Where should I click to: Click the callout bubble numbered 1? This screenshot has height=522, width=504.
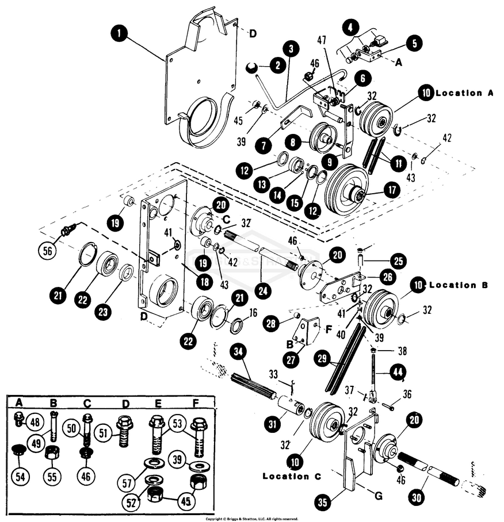point(120,33)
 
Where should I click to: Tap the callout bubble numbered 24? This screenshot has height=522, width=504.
point(262,291)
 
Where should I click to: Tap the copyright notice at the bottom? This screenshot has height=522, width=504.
point(252,519)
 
